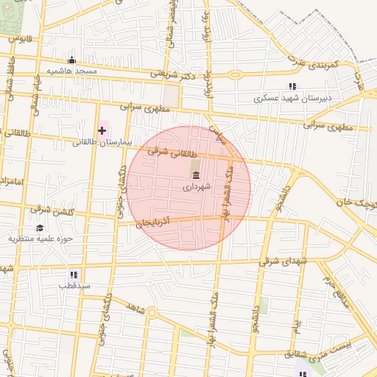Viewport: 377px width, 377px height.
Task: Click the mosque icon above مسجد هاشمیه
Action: (x=71, y=60)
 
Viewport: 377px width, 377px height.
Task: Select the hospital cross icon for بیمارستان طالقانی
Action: (x=102, y=130)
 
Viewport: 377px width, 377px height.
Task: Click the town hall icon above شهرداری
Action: (x=196, y=175)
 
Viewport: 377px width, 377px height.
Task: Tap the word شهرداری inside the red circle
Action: (x=197, y=187)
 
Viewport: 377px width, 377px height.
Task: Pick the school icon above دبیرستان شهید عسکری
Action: (x=293, y=86)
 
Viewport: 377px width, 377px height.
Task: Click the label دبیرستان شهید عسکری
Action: (x=293, y=97)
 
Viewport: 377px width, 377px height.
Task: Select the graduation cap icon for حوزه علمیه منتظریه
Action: (x=39, y=228)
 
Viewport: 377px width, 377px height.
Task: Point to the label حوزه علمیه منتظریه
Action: (x=41, y=239)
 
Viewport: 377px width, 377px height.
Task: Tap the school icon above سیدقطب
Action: (x=74, y=275)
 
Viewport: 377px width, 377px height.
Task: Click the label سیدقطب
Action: (x=74, y=285)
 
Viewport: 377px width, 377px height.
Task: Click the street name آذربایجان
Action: (x=154, y=222)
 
